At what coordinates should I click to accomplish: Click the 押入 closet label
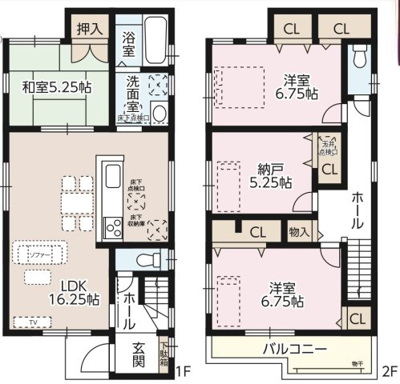[88, 29]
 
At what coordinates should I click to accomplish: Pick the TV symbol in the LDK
[33, 322]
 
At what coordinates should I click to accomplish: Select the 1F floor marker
[183, 371]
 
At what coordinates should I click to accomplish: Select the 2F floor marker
[389, 371]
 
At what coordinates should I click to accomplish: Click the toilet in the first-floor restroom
[143, 258]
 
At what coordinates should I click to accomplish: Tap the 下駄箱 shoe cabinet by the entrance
[164, 355]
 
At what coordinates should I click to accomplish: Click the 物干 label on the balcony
[356, 365]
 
